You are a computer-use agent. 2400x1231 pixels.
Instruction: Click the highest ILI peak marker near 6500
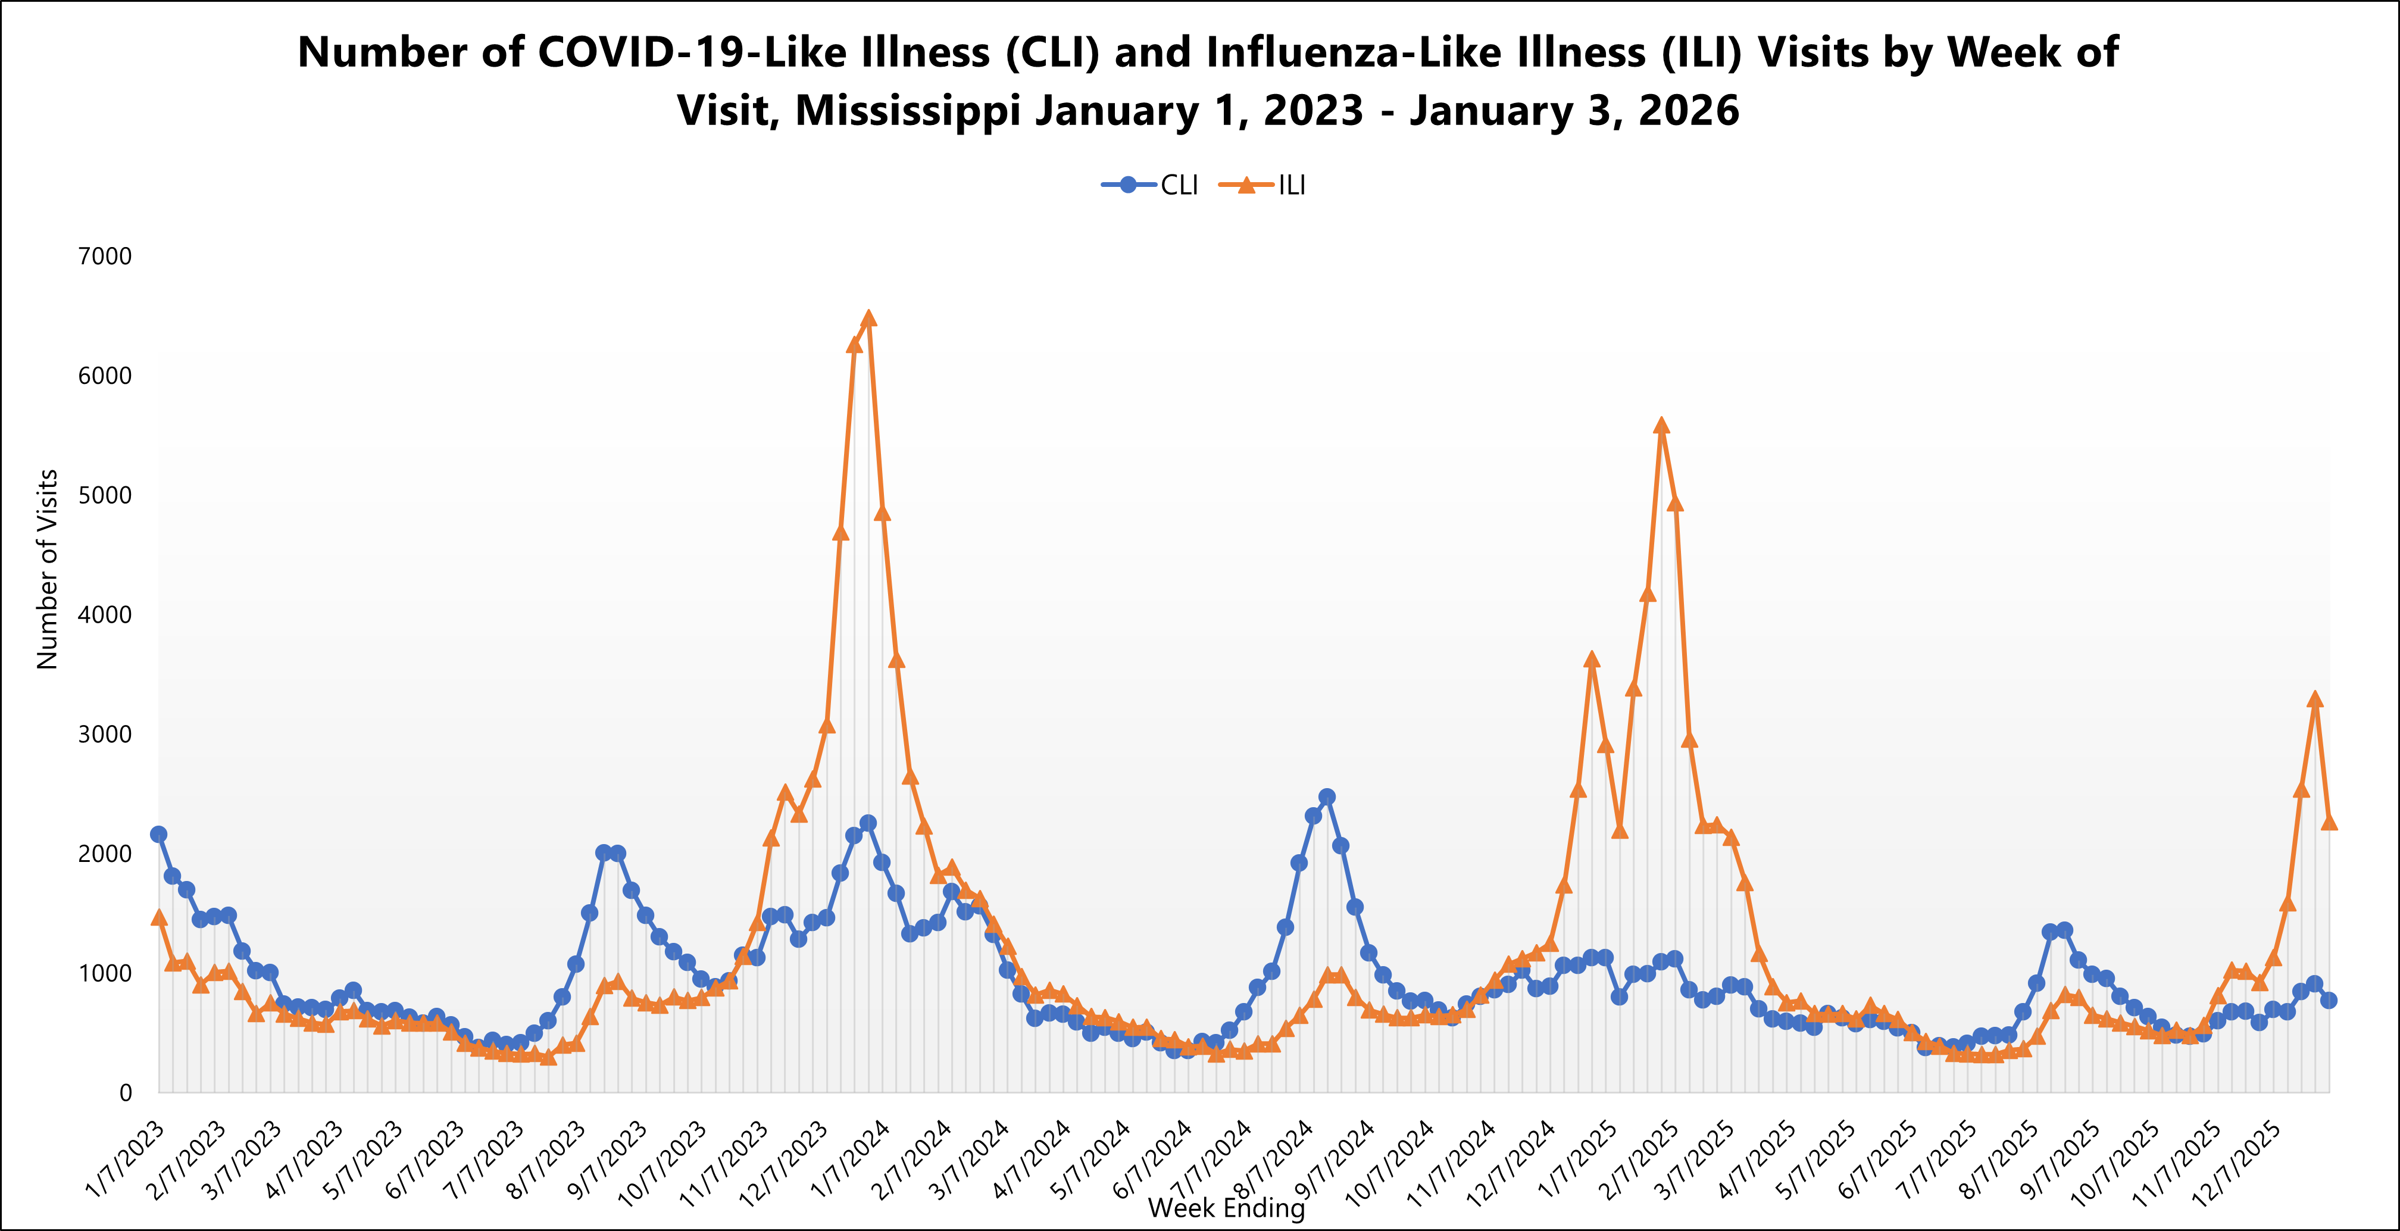coord(868,318)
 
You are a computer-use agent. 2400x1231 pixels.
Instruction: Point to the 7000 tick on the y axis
coord(104,257)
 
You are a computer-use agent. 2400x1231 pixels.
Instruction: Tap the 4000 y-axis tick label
coord(104,615)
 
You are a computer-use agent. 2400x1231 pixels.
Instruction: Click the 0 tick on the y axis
coord(125,1093)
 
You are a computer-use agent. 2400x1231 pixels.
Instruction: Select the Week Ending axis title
coord(1226,1208)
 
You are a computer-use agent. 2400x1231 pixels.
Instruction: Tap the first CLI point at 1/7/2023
coord(158,834)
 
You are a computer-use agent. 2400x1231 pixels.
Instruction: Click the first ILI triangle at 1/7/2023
coord(158,918)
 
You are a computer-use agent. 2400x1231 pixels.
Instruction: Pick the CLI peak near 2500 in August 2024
coord(1327,796)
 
